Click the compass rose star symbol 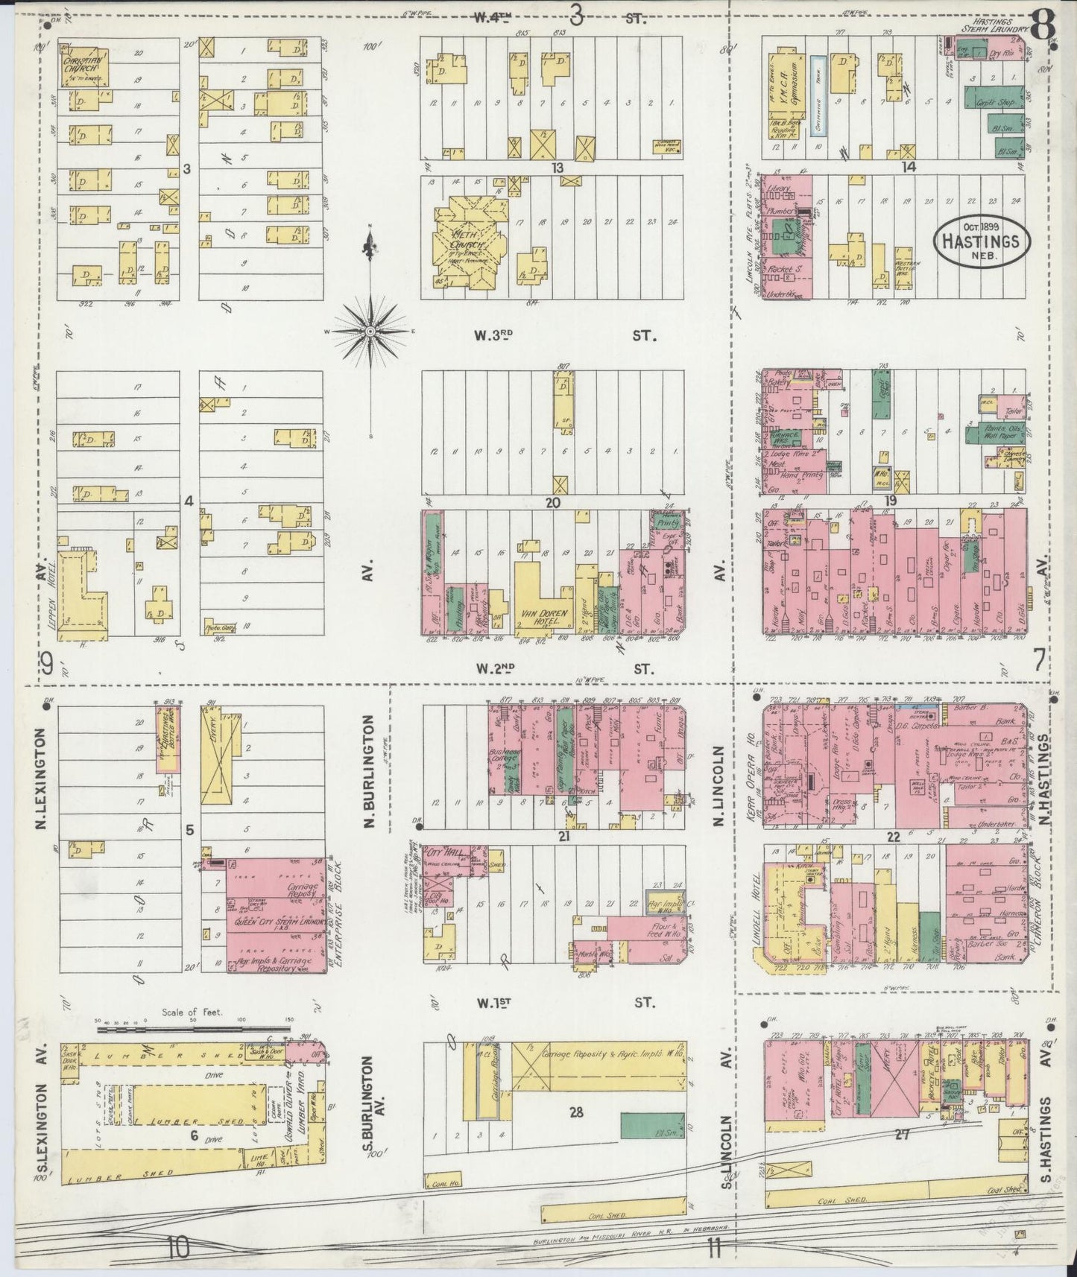click(370, 330)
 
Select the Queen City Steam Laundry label click(278, 922)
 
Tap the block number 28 click(575, 1112)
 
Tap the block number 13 click(556, 168)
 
